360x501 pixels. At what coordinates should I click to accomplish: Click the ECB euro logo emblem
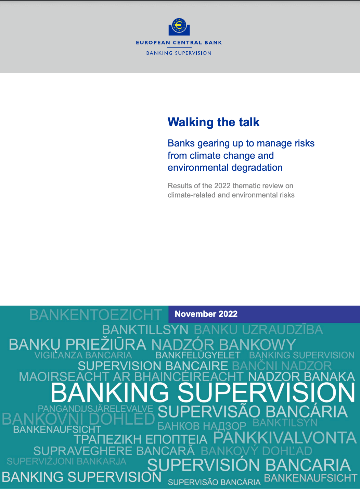click(x=179, y=27)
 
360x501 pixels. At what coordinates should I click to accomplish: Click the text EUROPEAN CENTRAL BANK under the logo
click(x=179, y=43)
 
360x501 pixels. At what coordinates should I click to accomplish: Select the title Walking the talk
click(x=214, y=122)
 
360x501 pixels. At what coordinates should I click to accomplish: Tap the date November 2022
click(x=206, y=314)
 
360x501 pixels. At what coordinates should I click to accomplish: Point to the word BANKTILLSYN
click(x=145, y=330)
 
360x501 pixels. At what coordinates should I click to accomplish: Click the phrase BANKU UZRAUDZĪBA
click(x=258, y=330)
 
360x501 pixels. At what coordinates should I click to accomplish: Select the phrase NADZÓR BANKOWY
click(x=223, y=345)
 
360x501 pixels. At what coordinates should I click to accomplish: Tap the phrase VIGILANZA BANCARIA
click(x=83, y=355)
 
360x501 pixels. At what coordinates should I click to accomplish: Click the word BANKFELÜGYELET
click(x=198, y=355)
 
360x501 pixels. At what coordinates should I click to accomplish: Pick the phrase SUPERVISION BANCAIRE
click(x=153, y=366)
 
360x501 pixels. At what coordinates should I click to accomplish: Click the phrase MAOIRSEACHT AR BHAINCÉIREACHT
click(x=131, y=377)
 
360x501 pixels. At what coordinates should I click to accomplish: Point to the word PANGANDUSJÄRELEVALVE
click(x=95, y=409)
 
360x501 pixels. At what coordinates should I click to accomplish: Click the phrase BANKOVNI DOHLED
click(x=78, y=419)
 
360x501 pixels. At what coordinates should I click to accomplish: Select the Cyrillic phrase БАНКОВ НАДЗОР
click(x=202, y=426)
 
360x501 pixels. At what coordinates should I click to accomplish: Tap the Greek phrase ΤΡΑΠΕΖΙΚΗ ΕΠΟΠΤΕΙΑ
click(x=140, y=439)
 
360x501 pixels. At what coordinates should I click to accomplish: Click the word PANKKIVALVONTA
click(x=285, y=438)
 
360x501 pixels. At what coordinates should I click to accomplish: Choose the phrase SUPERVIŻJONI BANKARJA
click(x=66, y=461)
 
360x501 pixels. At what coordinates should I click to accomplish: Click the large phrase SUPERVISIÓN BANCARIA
click(x=249, y=465)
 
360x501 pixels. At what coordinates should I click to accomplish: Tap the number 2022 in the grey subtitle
click(x=222, y=186)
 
